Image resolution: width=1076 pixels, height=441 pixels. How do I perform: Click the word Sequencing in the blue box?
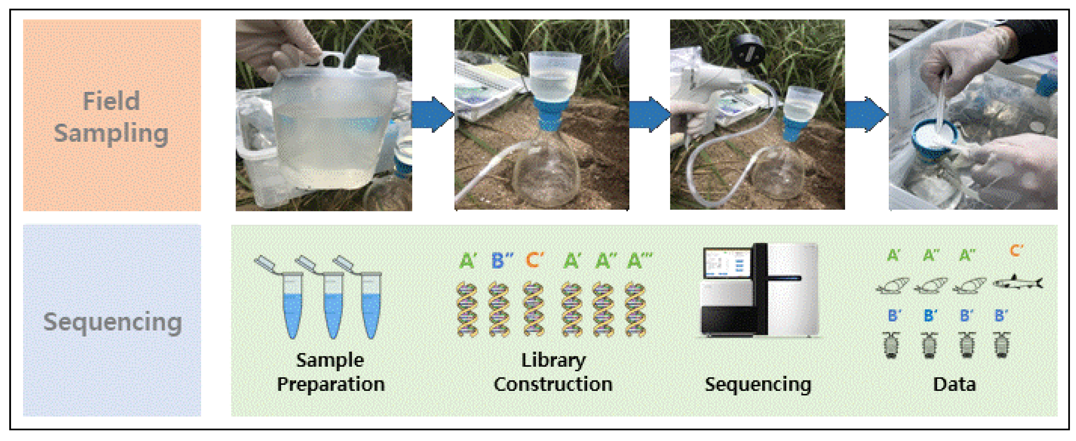[112, 322]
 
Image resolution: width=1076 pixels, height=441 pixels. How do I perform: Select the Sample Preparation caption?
[330, 372]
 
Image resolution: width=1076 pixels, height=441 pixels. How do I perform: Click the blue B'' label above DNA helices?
[501, 261]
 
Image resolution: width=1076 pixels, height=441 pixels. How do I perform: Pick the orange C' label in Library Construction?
[535, 260]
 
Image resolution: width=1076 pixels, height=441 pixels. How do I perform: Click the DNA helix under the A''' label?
[635, 309]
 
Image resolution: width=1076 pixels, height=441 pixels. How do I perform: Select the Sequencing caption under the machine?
[758, 384]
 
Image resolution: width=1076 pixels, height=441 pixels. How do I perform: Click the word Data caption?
[954, 384]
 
